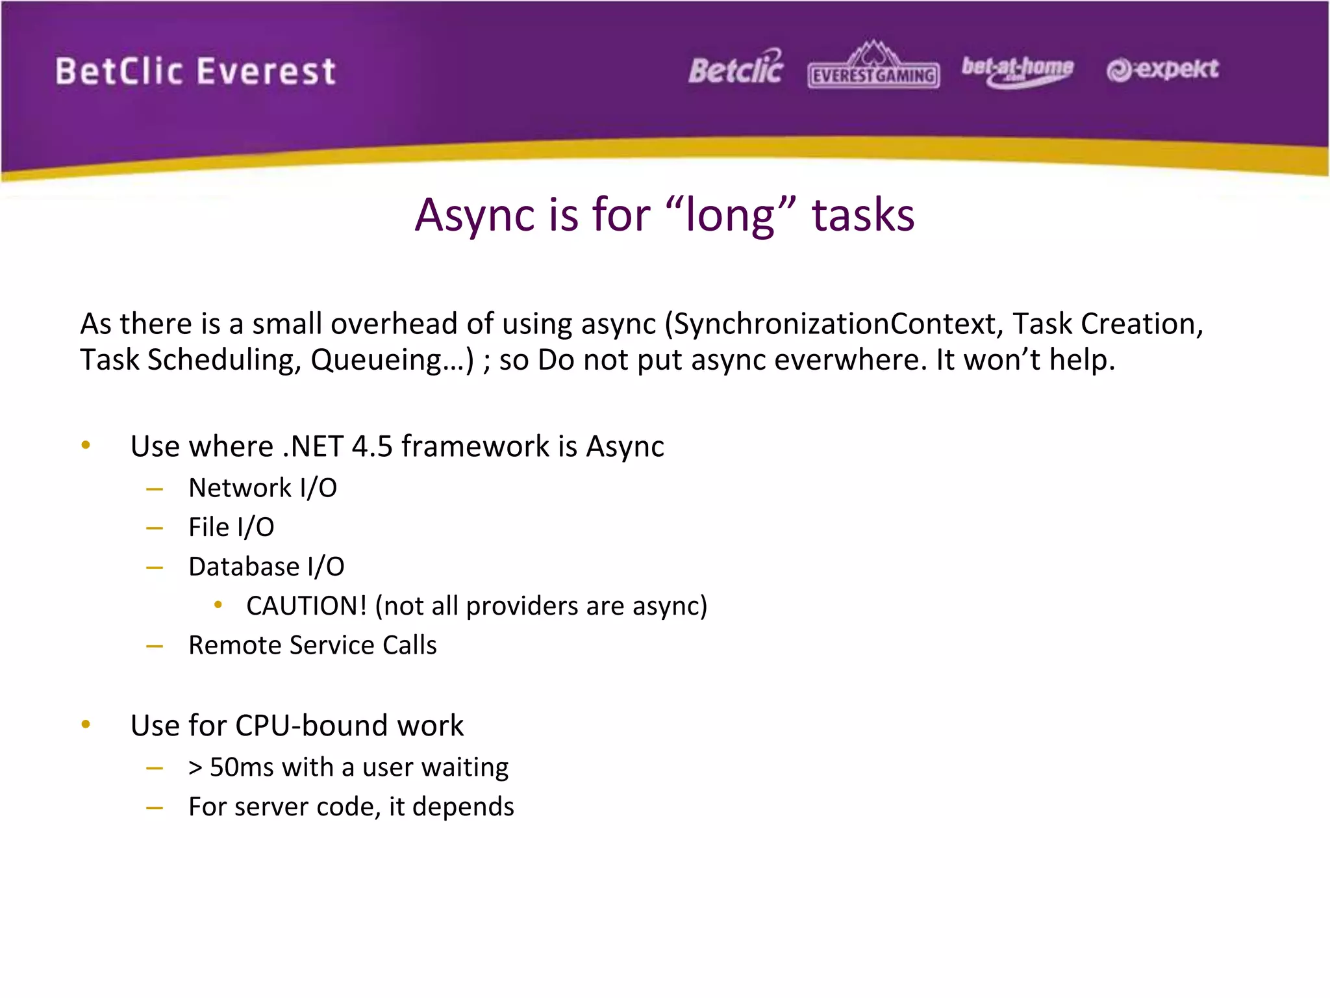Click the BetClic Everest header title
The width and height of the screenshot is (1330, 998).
[195, 71]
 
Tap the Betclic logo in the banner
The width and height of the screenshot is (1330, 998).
[736, 69]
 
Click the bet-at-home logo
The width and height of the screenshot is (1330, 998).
[1017, 70]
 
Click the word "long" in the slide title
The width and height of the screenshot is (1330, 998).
[731, 216]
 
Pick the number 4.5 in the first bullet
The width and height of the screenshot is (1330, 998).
[372, 446]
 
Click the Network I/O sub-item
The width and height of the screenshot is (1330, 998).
[262, 488]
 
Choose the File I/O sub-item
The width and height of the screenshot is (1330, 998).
[231, 527]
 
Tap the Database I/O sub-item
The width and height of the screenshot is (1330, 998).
[266, 567]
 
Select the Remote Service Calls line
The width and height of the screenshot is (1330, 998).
[312, 645]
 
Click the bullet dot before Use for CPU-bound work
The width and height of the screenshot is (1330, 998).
[86, 724]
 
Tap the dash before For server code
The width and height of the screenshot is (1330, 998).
[155, 808]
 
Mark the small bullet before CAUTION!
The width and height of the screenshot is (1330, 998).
[218, 605]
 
